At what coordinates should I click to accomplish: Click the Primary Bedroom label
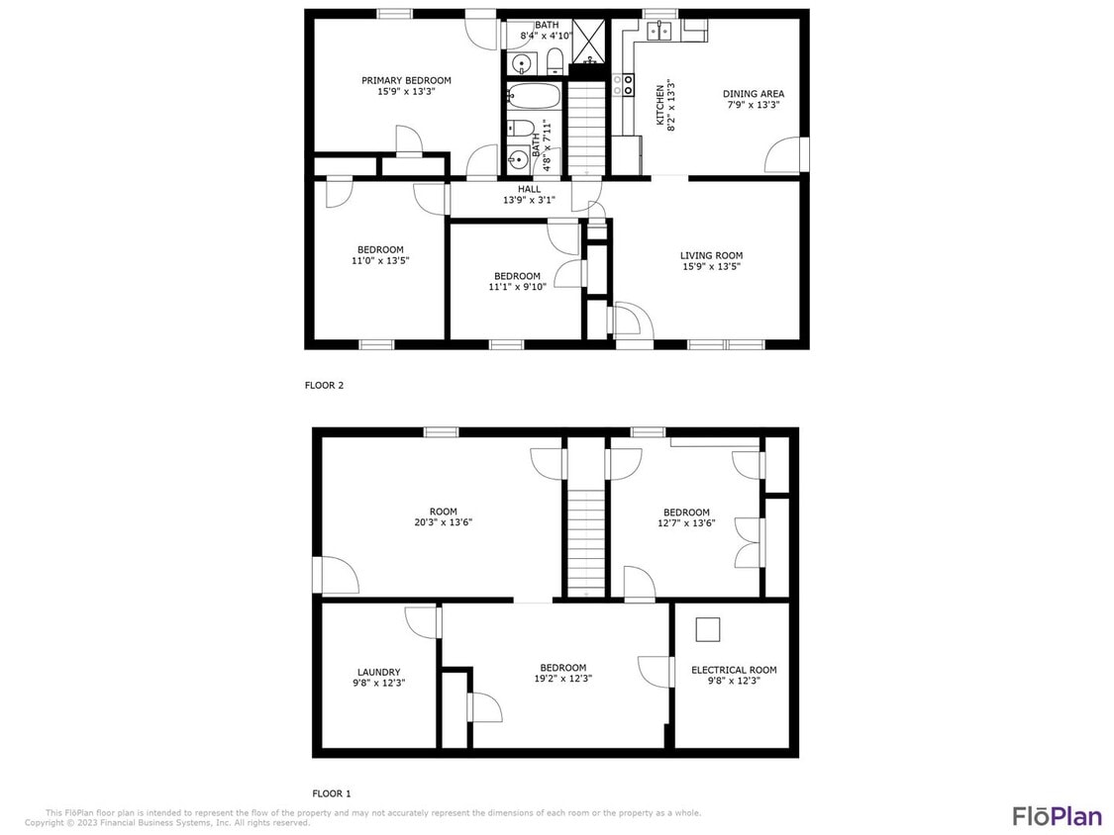click(406, 80)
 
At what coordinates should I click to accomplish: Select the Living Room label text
click(711, 255)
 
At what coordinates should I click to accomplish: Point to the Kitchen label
click(659, 102)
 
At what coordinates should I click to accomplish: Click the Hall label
click(529, 189)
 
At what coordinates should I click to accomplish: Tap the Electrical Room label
click(734, 670)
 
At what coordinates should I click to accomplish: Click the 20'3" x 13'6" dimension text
click(443, 522)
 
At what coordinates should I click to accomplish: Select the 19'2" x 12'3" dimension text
click(562, 679)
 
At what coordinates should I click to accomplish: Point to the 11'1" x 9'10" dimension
click(517, 287)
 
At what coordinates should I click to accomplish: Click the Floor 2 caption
click(324, 386)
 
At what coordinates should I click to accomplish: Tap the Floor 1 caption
click(332, 793)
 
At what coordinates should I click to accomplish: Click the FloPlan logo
click(1057, 816)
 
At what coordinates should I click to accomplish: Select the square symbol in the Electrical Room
click(708, 630)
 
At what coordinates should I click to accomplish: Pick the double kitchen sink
click(659, 32)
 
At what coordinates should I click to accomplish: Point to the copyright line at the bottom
click(168, 822)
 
